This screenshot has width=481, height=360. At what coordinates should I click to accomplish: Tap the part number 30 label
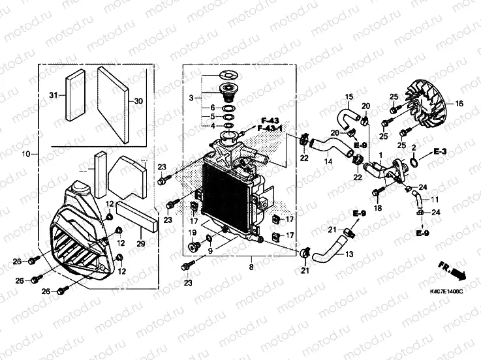pos(138,101)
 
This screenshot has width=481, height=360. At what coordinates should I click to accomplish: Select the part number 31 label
pos(54,95)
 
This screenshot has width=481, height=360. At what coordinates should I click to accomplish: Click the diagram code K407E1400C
pos(446,292)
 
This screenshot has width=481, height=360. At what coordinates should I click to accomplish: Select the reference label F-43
pos(270,120)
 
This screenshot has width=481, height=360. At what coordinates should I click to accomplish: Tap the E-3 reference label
pos(440,151)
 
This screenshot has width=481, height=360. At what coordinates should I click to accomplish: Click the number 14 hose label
pos(328,161)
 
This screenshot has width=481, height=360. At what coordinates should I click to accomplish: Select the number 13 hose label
pos(349,254)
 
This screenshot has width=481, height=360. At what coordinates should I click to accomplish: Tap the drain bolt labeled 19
pos(193,247)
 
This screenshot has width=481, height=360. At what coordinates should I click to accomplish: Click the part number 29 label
pos(141,244)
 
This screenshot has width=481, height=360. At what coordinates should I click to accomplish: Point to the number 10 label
pos(26,154)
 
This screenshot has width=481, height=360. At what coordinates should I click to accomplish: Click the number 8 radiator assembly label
pos(251,267)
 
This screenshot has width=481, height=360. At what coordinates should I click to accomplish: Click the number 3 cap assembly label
pos(191,98)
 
